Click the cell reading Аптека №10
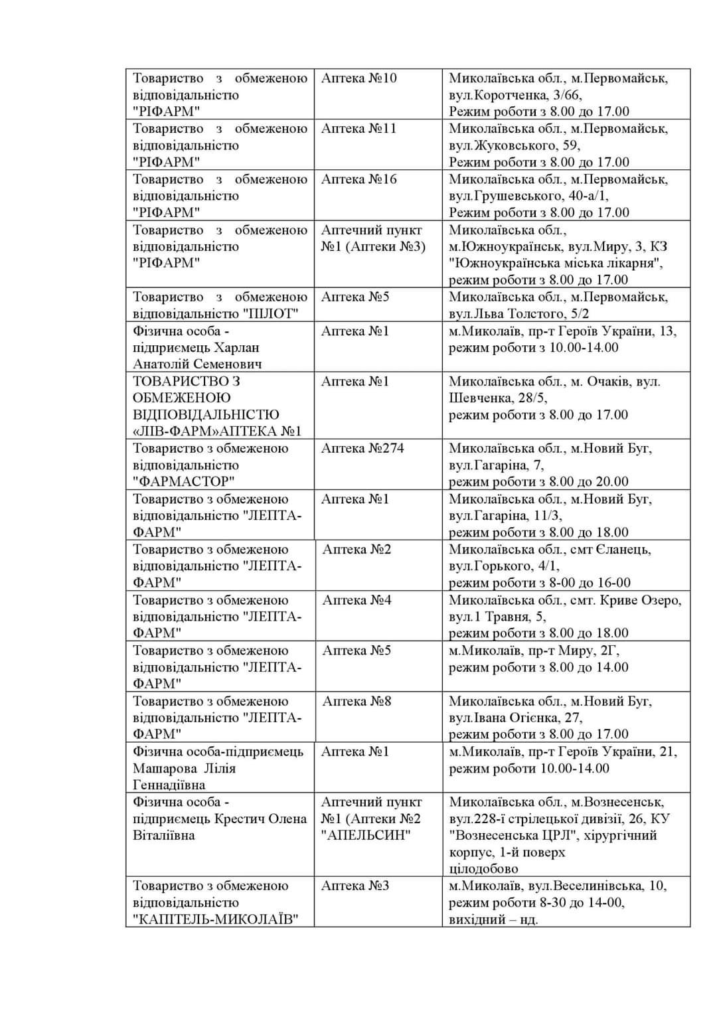click(358, 78)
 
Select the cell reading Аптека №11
click(358, 129)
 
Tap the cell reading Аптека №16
click(358, 179)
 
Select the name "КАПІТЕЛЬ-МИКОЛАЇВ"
click(215, 919)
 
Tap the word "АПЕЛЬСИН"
click(366, 835)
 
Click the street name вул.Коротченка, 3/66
click(515, 95)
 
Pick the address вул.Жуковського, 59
click(515, 145)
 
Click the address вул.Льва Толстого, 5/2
click(518, 314)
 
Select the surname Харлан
click(237, 348)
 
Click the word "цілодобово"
click(483, 869)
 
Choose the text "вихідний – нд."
click(493, 919)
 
